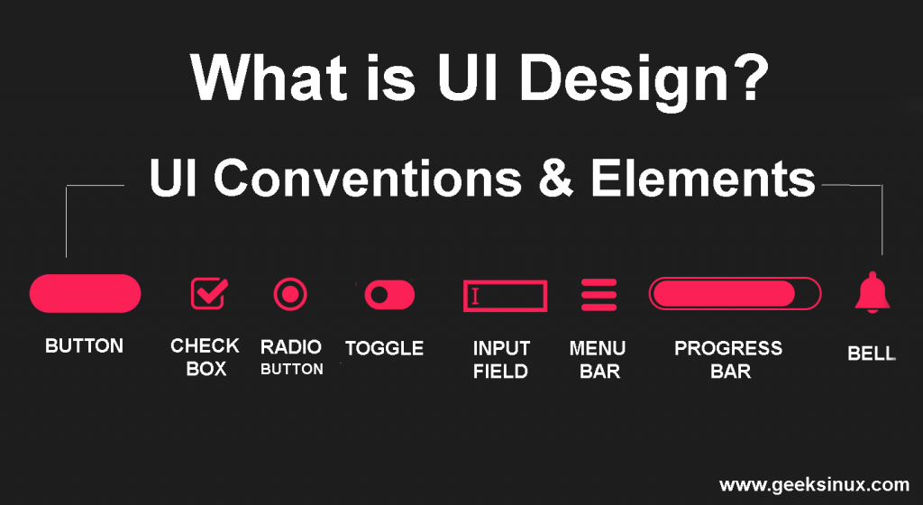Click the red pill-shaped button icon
(x=86, y=293)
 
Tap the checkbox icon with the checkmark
(x=208, y=293)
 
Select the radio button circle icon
(x=290, y=294)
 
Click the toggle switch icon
(x=389, y=294)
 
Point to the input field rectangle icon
(x=505, y=296)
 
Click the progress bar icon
(x=735, y=294)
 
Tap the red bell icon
(x=872, y=293)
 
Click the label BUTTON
(x=84, y=345)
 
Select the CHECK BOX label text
(x=206, y=357)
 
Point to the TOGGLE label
(x=384, y=348)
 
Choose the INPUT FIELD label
(x=501, y=359)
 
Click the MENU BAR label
(x=599, y=359)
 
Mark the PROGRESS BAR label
(x=728, y=359)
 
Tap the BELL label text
(x=872, y=353)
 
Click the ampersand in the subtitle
(x=556, y=179)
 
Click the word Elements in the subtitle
(x=703, y=179)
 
